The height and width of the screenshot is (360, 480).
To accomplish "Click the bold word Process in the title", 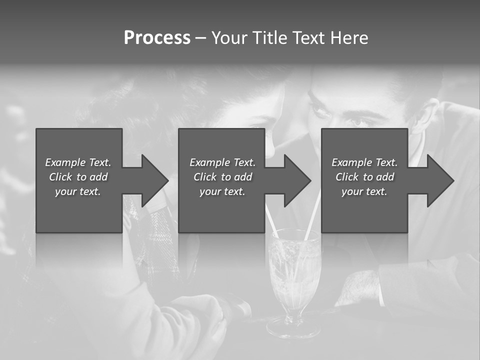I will [157, 38].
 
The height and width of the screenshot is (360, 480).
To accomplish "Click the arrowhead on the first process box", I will [155, 180].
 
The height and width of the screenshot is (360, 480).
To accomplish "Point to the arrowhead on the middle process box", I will [297, 180].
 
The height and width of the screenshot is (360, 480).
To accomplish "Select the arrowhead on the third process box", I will [440, 180].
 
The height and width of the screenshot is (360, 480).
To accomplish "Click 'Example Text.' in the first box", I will [78, 162].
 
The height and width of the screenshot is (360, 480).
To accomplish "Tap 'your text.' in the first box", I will [78, 191].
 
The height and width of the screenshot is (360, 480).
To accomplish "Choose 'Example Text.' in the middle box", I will [222, 162].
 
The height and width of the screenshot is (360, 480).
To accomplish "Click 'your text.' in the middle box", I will [222, 191].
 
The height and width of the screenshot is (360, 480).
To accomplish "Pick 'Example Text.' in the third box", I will [364, 162].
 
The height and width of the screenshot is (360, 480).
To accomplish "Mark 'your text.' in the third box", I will [364, 191].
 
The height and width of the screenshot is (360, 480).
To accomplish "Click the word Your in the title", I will [228, 38].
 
